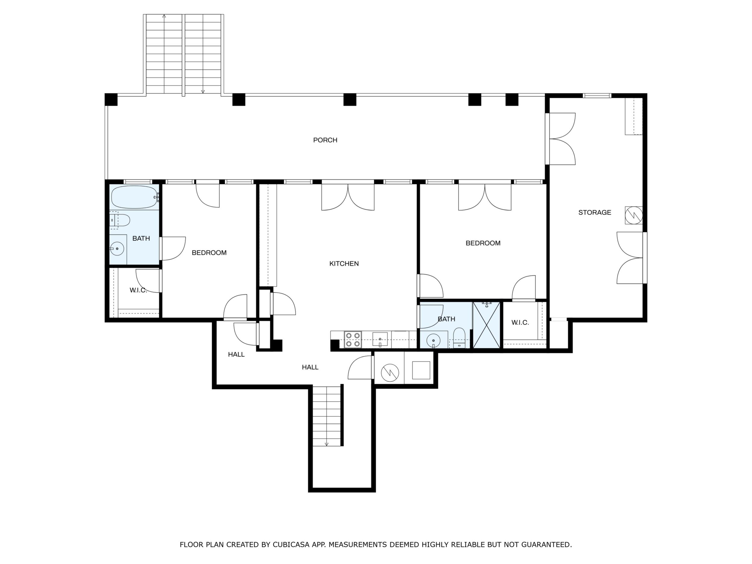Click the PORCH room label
(325, 140)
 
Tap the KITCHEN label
(344, 264)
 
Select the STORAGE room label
(595, 212)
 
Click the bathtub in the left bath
(135, 197)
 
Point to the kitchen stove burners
(352, 340)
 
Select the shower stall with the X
(487, 325)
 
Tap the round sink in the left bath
(117, 249)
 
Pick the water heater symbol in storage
(634, 215)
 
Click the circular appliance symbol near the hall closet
(390, 372)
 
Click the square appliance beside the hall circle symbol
(421, 370)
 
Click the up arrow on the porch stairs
(164, 16)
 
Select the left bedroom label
(209, 252)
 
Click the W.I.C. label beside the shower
(520, 323)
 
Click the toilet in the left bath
(120, 220)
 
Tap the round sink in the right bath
(433, 340)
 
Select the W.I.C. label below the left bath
(138, 290)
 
